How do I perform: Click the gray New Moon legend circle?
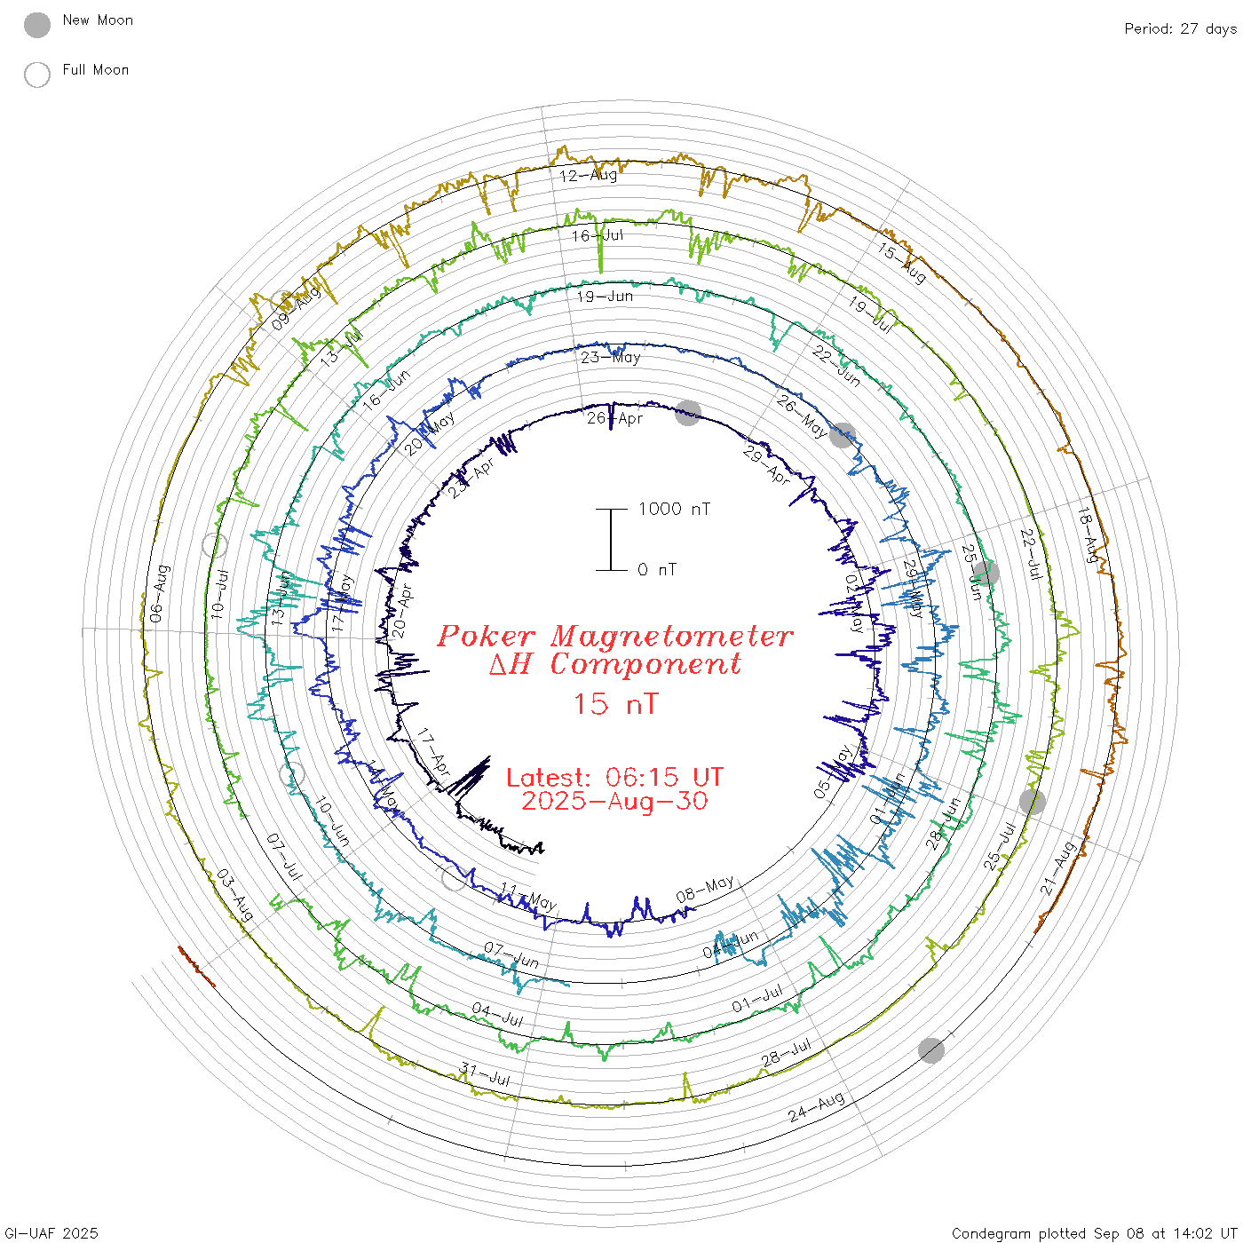[37, 26]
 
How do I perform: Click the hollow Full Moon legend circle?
[37, 75]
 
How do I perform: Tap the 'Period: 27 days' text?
[1180, 29]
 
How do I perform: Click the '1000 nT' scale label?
[675, 509]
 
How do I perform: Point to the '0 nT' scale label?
[657, 570]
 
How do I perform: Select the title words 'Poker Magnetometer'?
[614, 637]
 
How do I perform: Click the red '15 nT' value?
[615, 704]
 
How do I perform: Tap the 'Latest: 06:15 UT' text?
[614, 778]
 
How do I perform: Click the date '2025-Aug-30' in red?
[614, 801]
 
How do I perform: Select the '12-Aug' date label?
[589, 176]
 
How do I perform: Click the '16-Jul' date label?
[598, 236]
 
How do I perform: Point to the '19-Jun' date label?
[605, 297]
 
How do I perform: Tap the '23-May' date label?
[611, 358]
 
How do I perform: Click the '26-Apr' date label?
[614, 418]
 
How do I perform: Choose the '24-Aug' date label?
[816, 1108]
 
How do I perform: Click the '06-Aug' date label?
[158, 593]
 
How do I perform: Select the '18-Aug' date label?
[1089, 534]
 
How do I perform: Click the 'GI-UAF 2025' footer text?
[51, 1233]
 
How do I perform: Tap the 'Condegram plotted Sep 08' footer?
[1094, 1233]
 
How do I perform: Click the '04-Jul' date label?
[498, 1015]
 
